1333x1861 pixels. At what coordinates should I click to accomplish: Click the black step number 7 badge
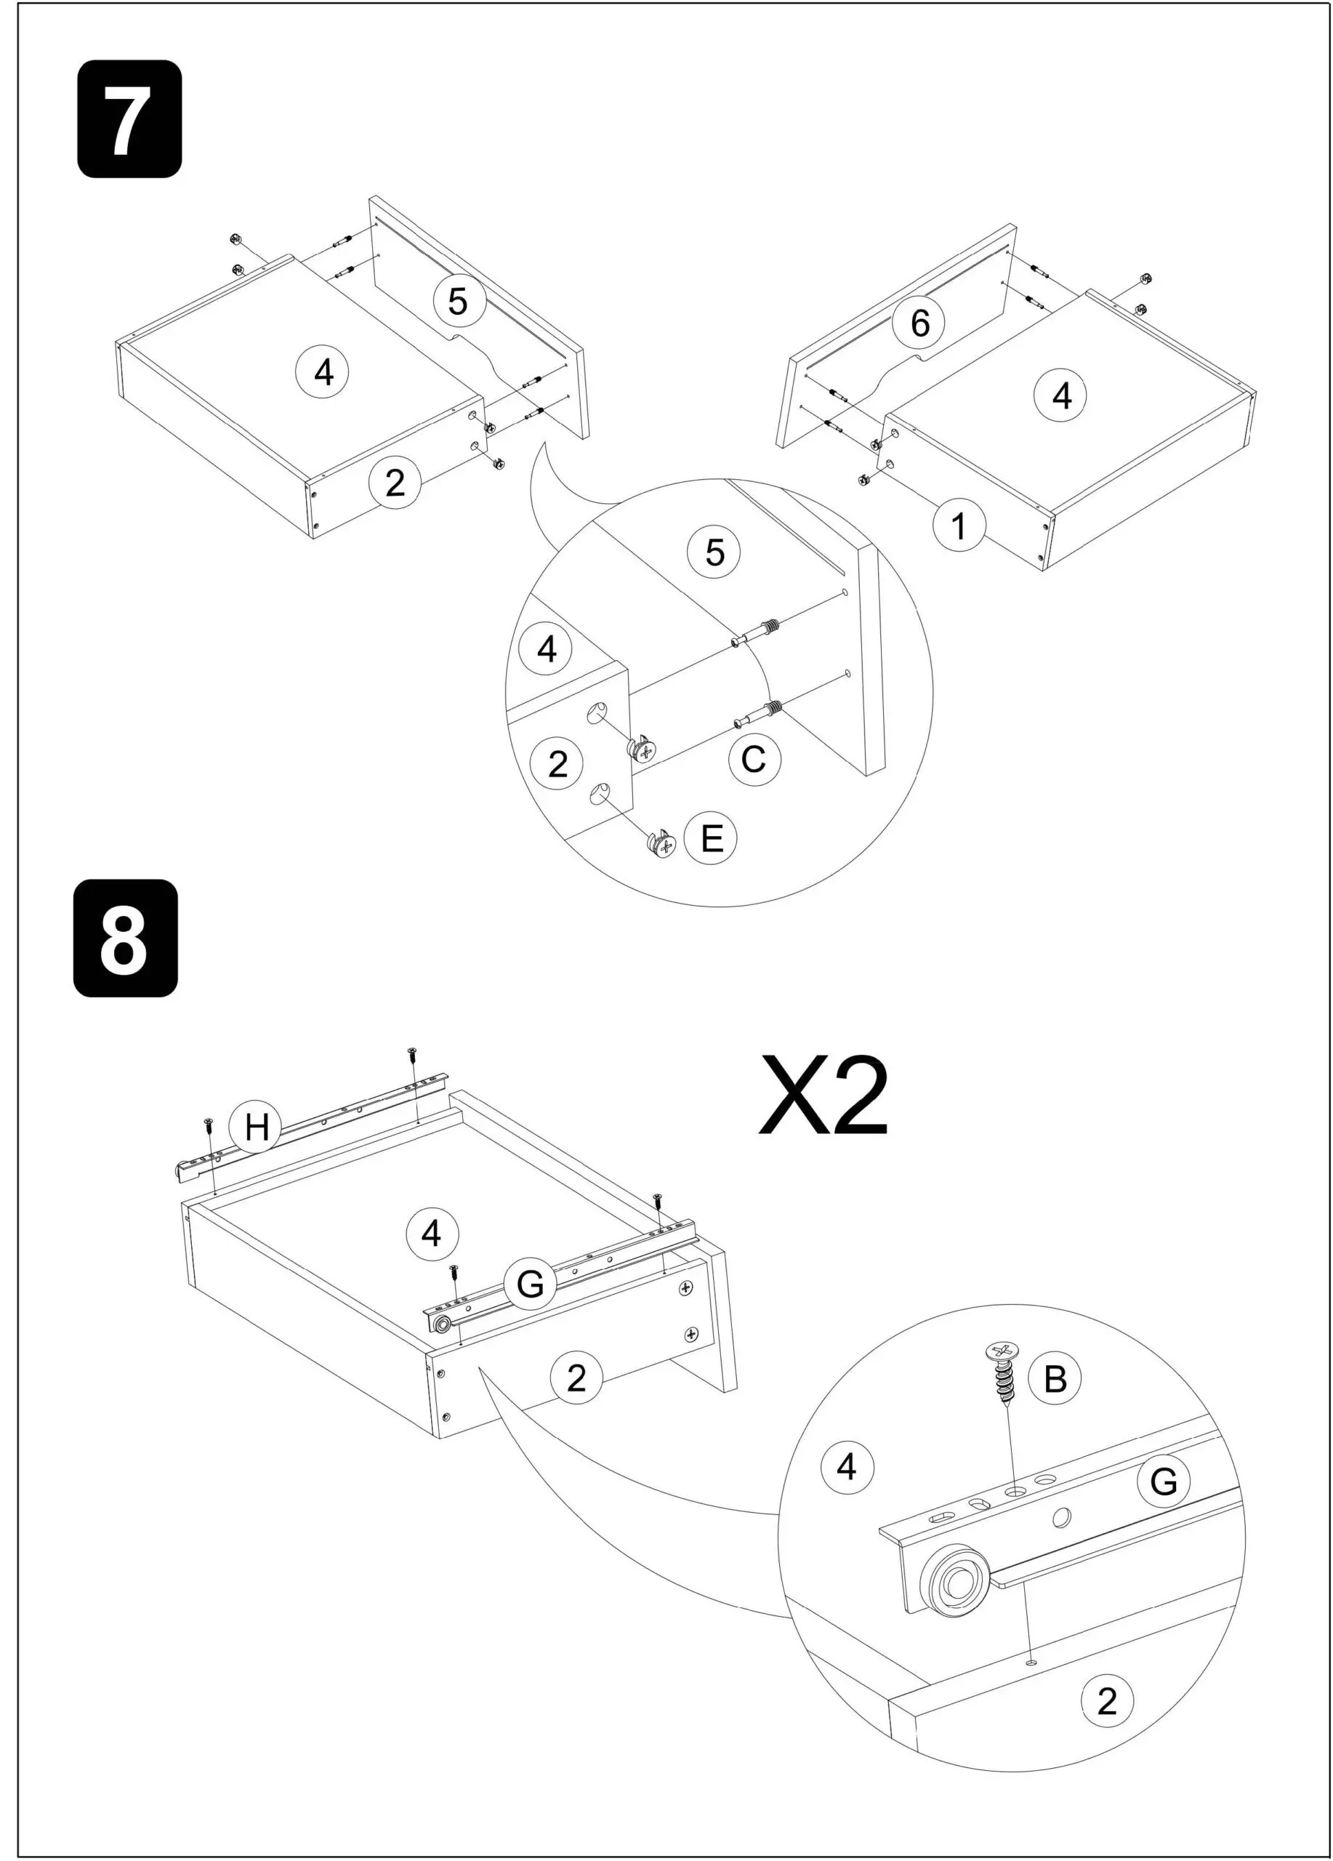[x=129, y=118]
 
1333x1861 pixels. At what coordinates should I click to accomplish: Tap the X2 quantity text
[x=822, y=1096]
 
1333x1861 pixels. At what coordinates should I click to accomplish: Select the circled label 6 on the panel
[x=919, y=323]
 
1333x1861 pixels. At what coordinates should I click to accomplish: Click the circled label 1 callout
[x=958, y=525]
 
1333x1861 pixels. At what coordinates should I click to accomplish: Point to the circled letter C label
[x=753, y=759]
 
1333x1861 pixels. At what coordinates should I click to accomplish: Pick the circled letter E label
[x=710, y=837]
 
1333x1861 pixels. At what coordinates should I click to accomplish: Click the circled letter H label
[x=256, y=1127]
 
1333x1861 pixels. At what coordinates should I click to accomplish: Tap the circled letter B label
[x=1054, y=1378]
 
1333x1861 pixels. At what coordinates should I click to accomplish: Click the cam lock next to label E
[x=661, y=843]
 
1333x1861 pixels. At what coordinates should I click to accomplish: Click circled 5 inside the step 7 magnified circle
[x=714, y=552]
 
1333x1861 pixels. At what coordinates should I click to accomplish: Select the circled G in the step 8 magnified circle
[x=1162, y=1481]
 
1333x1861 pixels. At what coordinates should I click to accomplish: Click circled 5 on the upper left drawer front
[x=458, y=300]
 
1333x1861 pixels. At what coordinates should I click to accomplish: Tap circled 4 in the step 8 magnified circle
[x=847, y=1466]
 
